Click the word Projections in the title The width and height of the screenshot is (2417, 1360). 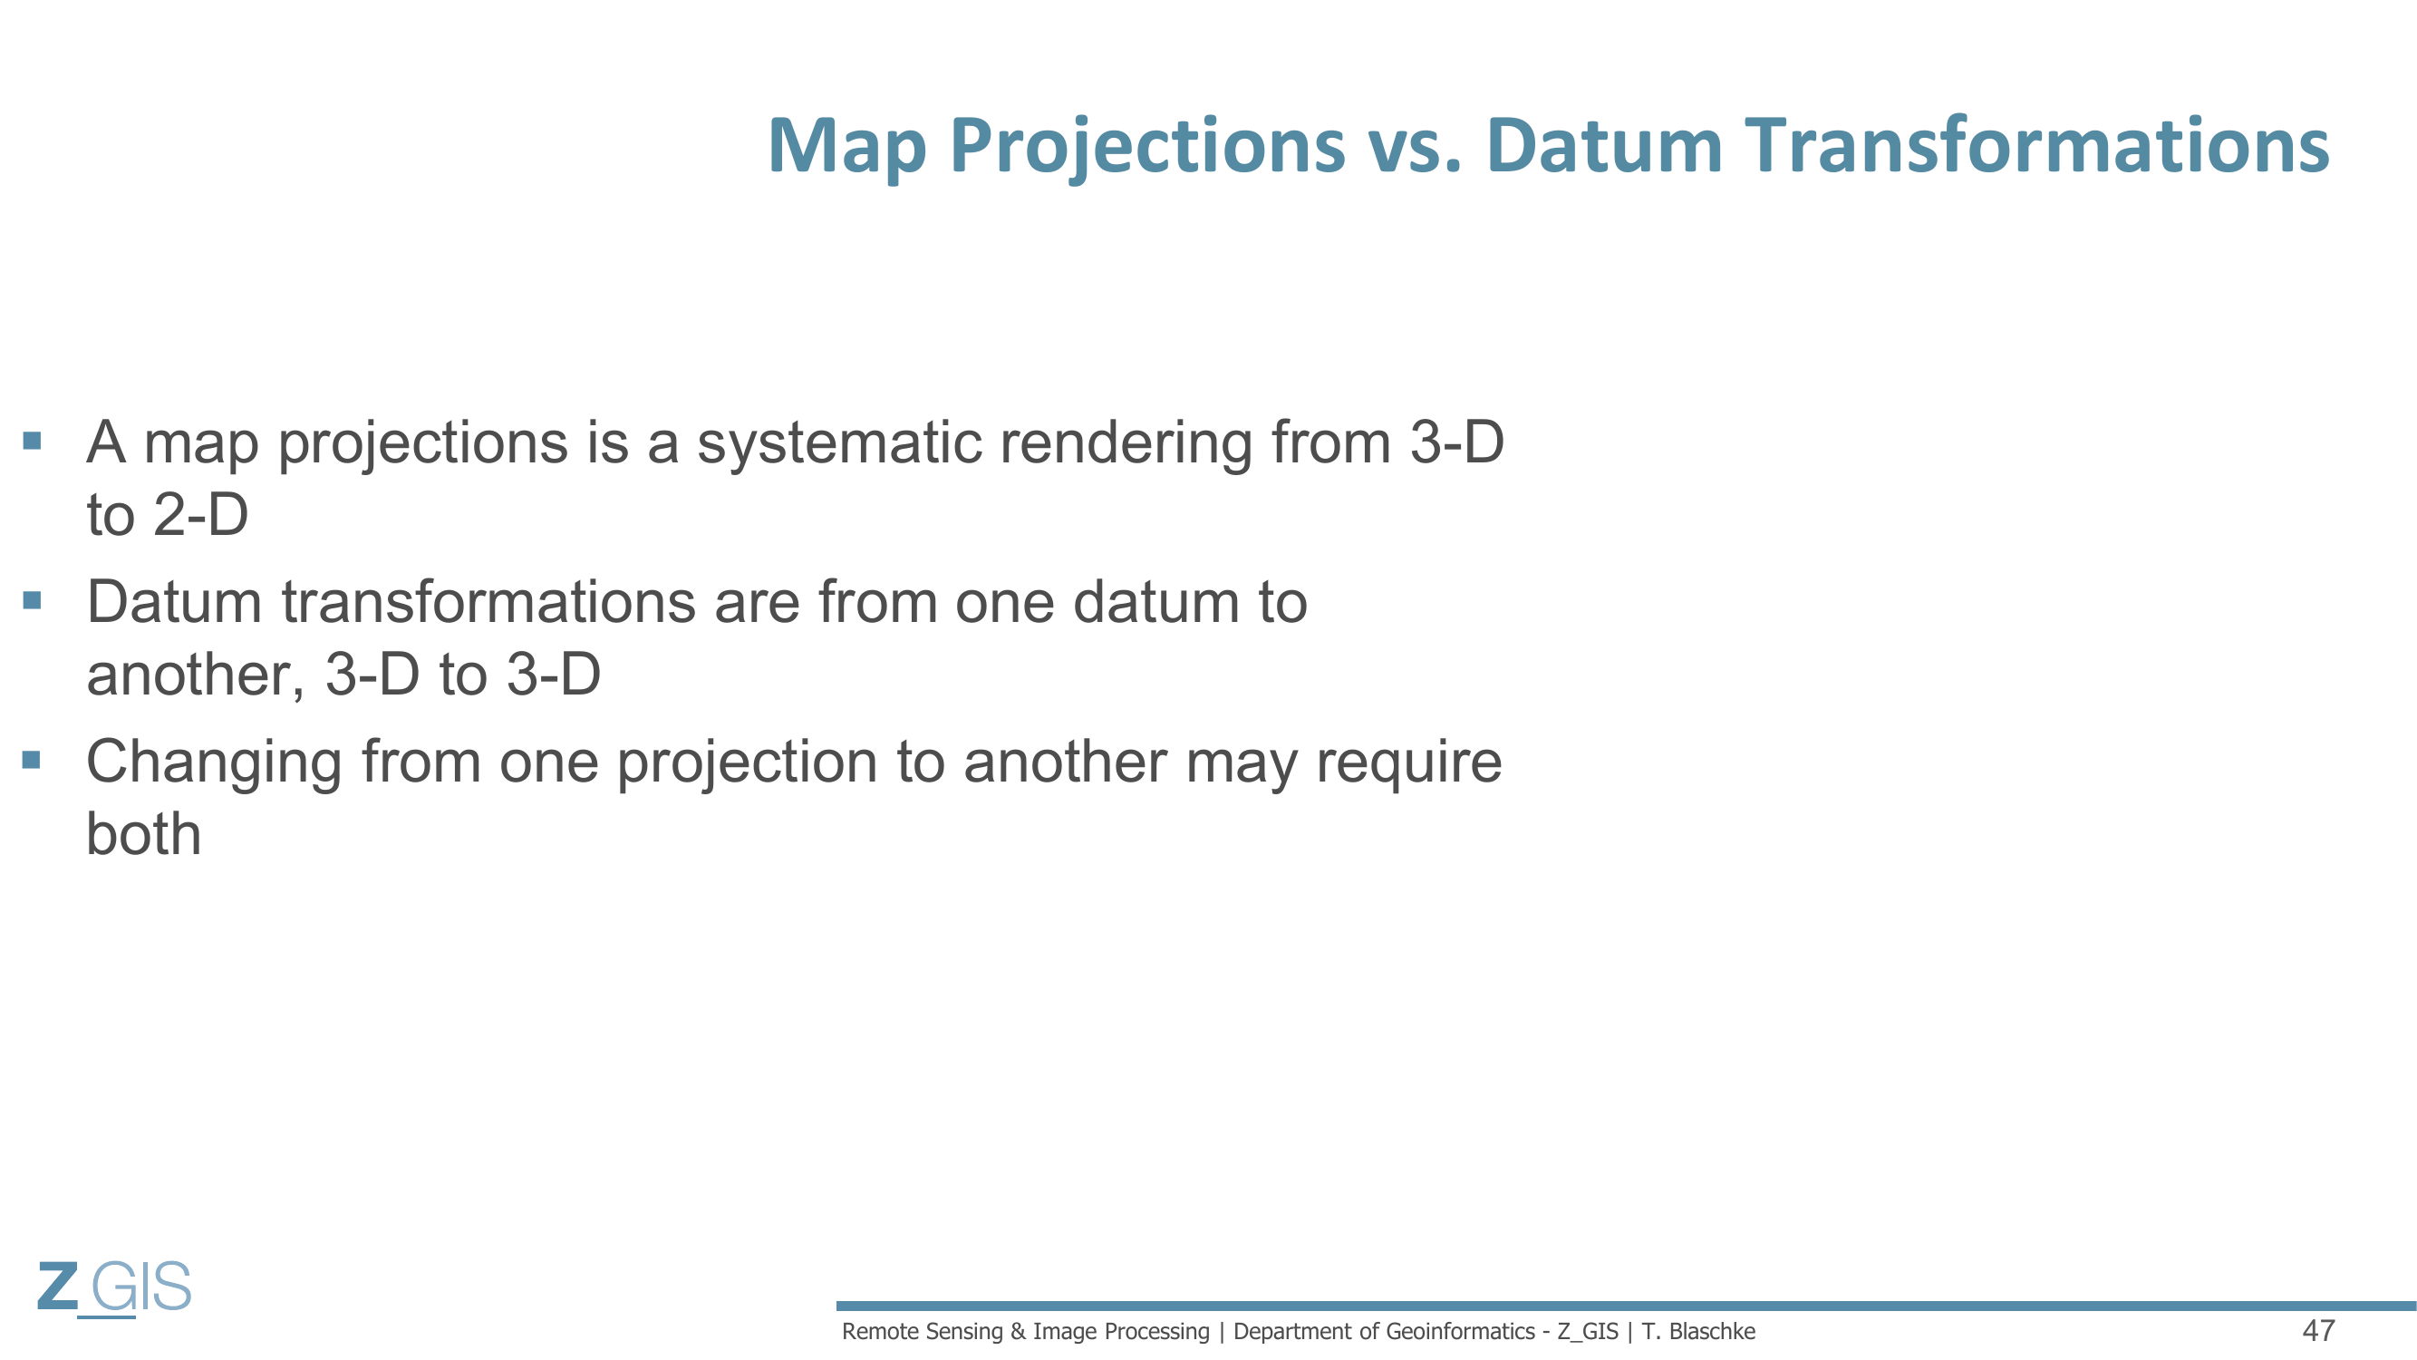coord(1147,148)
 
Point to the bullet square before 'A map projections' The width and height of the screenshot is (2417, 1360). coord(32,441)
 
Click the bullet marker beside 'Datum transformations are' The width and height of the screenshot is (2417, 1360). coord(32,599)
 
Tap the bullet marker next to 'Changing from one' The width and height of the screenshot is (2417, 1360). coord(32,759)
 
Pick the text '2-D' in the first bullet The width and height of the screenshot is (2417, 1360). coord(200,515)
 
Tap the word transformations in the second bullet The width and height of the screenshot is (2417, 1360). coord(488,602)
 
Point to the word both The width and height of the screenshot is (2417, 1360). coord(143,834)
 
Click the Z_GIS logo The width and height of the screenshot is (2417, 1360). coord(114,1288)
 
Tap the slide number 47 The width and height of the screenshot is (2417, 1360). coord(2318,1331)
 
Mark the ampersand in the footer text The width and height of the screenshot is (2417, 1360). coord(1018,1332)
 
